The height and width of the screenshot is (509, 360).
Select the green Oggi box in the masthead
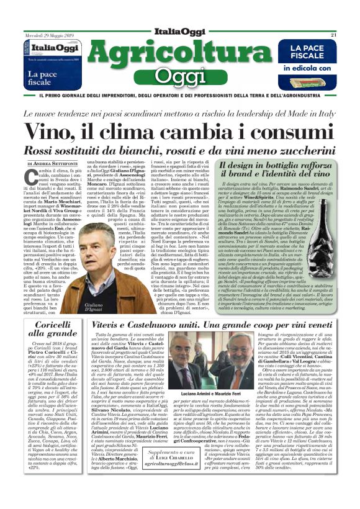click(179, 76)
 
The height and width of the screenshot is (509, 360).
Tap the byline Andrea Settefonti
click(55, 164)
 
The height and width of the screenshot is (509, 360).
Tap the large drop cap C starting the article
click(30, 178)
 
